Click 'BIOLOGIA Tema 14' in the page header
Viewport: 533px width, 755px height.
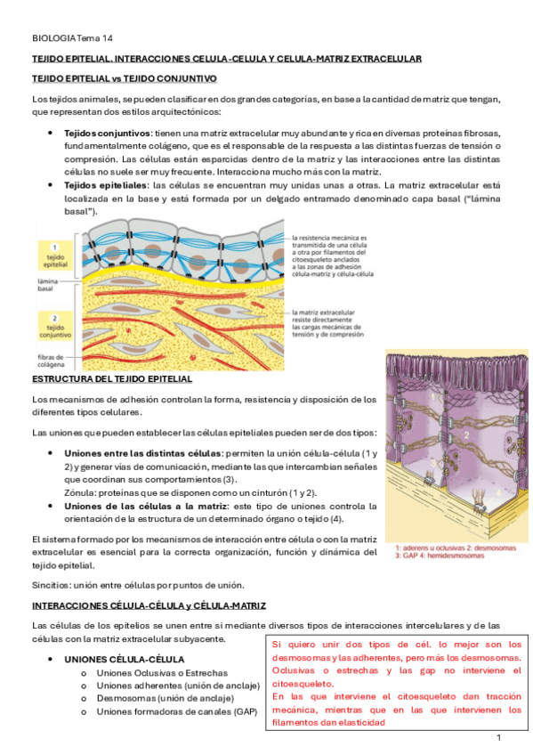coord(72,38)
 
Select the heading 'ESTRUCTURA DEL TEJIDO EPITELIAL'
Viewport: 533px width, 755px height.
coord(111,379)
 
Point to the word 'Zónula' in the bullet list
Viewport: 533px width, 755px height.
coord(82,492)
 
